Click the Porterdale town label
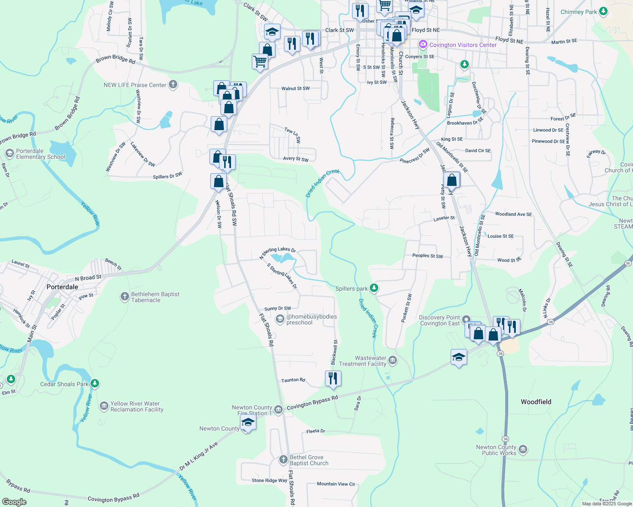pos(62,287)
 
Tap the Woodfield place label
pos(536,402)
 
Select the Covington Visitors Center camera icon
pos(423,44)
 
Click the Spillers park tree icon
pos(374,288)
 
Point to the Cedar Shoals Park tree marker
pos(95,384)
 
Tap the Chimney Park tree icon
pos(603,11)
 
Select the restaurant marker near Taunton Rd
pos(333,378)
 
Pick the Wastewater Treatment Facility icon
pos(393,360)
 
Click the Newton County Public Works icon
pos(523,449)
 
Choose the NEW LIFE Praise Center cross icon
pos(173,84)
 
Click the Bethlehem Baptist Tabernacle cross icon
pos(124,297)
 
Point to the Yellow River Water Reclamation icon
pos(104,406)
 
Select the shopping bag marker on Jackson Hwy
pos(452,180)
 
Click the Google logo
pos(14,502)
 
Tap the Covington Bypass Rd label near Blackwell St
pos(312,403)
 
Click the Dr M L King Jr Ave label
pos(198,456)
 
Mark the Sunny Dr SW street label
pos(278,308)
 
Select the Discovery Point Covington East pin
pos(466,319)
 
